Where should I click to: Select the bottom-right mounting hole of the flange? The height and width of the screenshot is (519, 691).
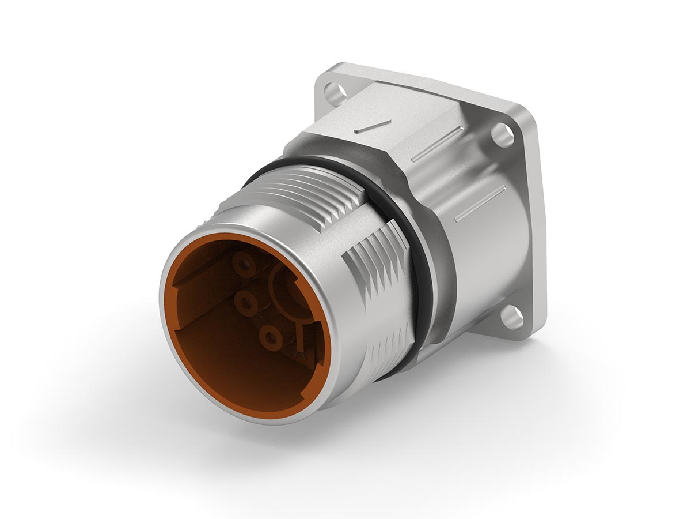point(509,315)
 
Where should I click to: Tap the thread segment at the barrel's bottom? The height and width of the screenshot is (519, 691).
point(392,346)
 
